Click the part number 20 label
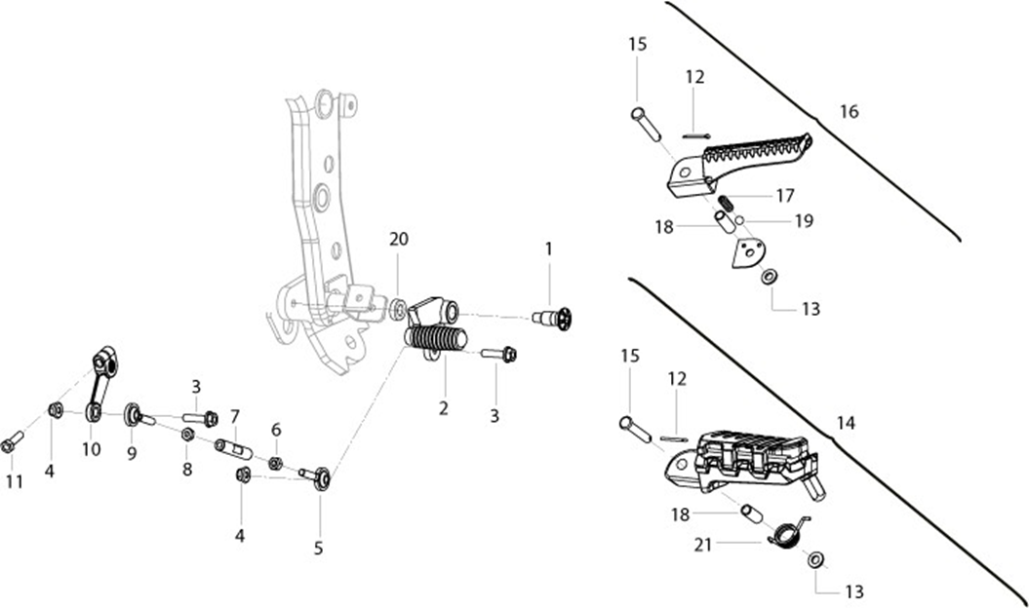(x=398, y=240)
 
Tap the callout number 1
(x=548, y=249)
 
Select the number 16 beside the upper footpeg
(x=849, y=111)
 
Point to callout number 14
(x=846, y=423)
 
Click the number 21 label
(x=703, y=545)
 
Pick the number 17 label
(x=785, y=196)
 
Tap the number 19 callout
(x=804, y=221)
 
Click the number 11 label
(x=15, y=482)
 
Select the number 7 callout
(x=235, y=416)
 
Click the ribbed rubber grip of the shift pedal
(x=436, y=340)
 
